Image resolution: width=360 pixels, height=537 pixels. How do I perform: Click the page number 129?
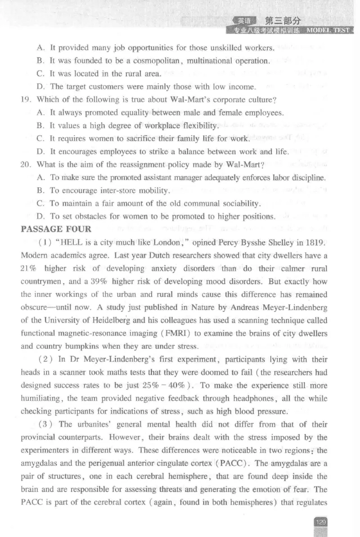(320, 522)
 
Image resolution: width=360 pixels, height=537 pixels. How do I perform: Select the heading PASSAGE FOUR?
(56, 229)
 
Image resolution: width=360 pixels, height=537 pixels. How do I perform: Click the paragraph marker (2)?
(47, 360)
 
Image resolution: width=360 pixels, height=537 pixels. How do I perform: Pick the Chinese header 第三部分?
(283, 21)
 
